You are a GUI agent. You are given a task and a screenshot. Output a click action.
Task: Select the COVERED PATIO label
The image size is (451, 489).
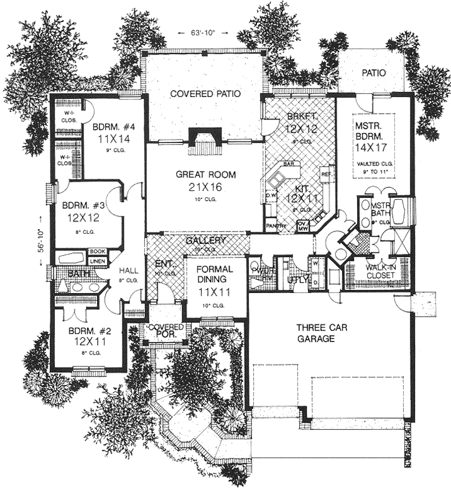pos(205,94)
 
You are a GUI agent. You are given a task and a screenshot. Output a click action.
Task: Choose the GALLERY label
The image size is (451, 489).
pos(205,240)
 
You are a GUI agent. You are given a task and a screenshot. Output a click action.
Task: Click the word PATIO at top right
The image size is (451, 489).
pos(373,73)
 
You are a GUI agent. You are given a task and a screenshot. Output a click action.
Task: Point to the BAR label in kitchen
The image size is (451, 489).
pos(288,164)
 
